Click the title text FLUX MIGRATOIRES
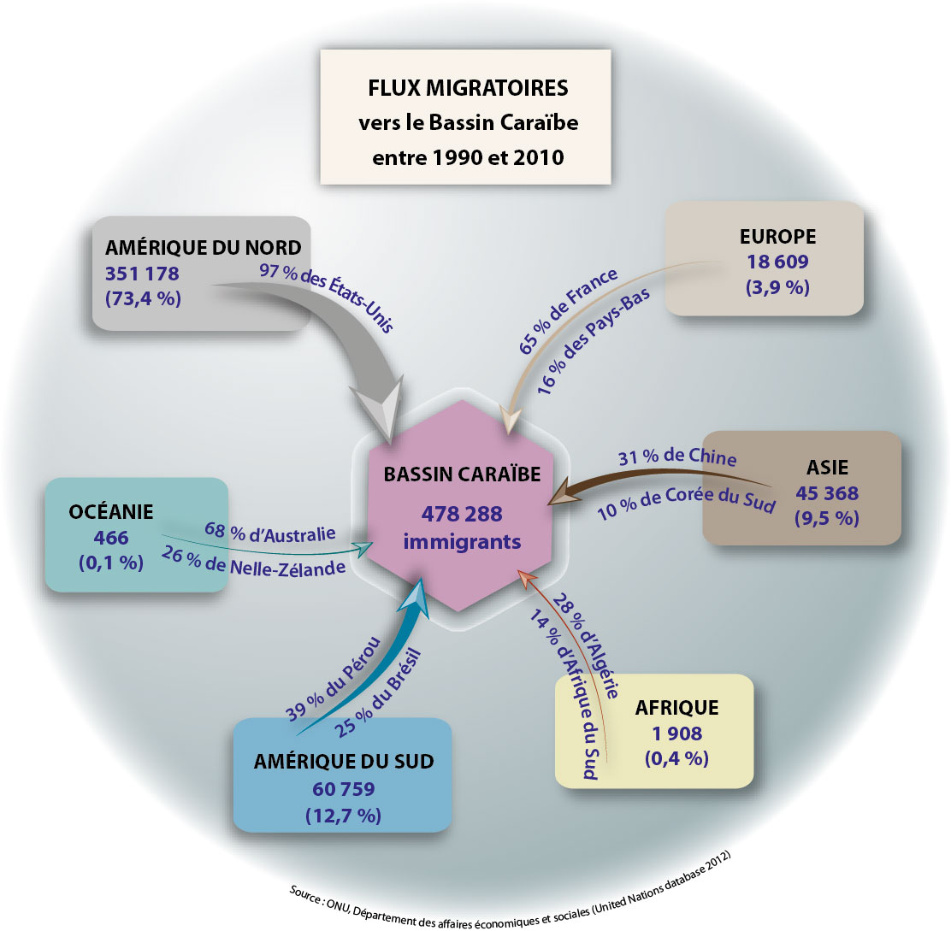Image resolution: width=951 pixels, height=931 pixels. click(x=468, y=88)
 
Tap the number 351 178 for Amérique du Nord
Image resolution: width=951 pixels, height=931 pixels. click(x=142, y=274)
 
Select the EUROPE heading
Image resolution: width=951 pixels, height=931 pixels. click(x=777, y=237)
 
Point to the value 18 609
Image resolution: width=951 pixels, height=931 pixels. click(x=777, y=262)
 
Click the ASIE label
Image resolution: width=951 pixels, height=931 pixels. click(x=827, y=468)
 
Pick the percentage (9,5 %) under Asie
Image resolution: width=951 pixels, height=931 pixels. click(x=827, y=518)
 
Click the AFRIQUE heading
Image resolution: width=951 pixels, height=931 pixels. click(x=676, y=707)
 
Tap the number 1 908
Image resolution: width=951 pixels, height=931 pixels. click(x=676, y=734)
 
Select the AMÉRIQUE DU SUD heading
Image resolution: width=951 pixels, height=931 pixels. click(x=344, y=761)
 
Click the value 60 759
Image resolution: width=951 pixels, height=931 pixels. click(x=344, y=788)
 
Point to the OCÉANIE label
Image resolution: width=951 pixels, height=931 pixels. click(x=111, y=511)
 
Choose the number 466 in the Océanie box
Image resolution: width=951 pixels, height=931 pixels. click(x=111, y=538)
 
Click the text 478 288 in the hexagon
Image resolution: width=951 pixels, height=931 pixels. click(x=462, y=514)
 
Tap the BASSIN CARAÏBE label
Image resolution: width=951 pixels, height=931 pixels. click(x=462, y=474)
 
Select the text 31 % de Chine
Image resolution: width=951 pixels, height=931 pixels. click(x=677, y=457)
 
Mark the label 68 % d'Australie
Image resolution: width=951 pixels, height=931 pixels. click(x=270, y=532)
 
